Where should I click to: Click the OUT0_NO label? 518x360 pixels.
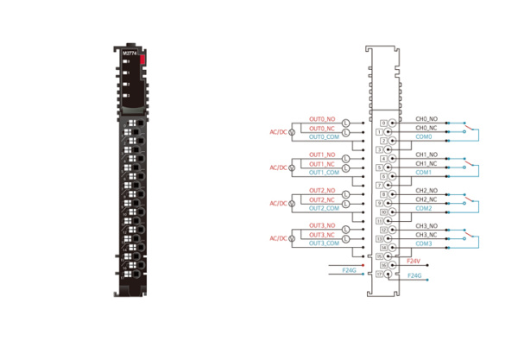pyautogui.click(x=321, y=119)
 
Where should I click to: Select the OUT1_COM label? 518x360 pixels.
pyautogui.click(x=322, y=173)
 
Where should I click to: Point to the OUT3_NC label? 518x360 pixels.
pyautogui.click(x=321, y=235)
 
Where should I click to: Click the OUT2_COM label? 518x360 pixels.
pyautogui.click(x=322, y=208)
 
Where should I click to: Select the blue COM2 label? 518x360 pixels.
pyautogui.click(x=423, y=208)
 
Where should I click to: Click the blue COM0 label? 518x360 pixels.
pyautogui.click(x=423, y=136)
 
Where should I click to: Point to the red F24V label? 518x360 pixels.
pyautogui.click(x=414, y=261)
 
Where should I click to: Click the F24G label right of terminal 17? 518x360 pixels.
pyautogui.click(x=414, y=275)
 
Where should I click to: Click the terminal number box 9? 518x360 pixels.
pyautogui.click(x=382, y=203)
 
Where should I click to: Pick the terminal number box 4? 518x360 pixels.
pyautogui.click(x=382, y=159)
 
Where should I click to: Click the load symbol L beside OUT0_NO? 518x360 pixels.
pyautogui.click(x=346, y=123)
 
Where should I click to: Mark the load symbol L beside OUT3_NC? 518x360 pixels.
pyautogui.click(x=346, y=238)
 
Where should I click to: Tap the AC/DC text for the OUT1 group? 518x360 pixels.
pyautogui.click(x=278, y=167)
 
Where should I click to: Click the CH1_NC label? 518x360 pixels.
pyautogui.click(x=427, y=164)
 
